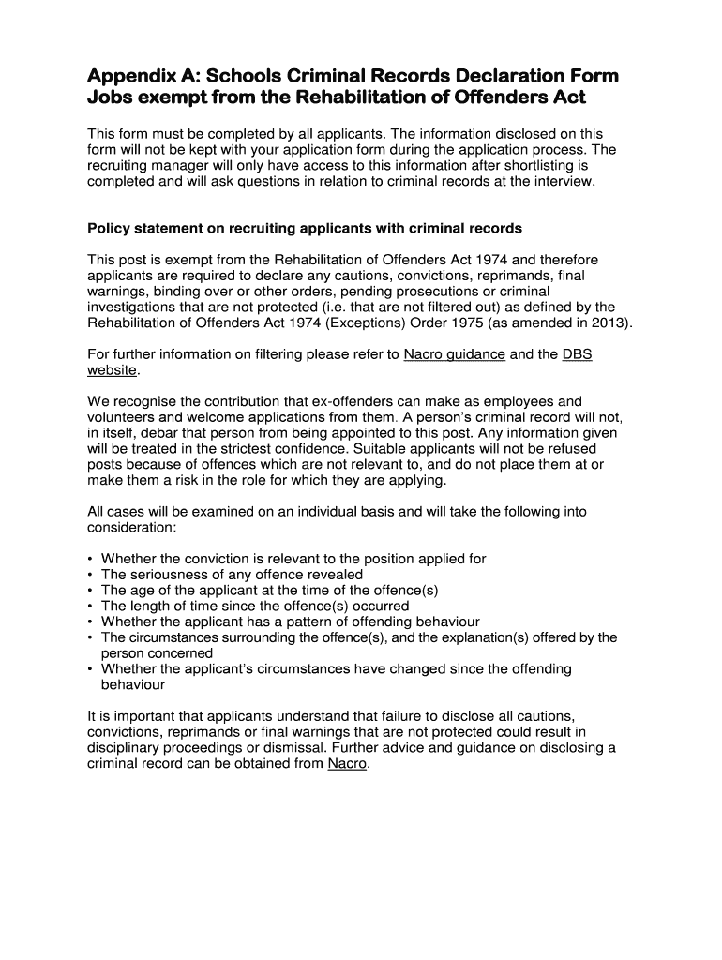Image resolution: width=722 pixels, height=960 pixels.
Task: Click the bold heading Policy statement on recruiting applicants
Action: point(305,228)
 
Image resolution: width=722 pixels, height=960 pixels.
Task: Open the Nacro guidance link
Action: point(454,353)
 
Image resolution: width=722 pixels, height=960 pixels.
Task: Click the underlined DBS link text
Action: point(577,353)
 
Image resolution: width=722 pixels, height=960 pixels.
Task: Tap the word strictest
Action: point(259,449)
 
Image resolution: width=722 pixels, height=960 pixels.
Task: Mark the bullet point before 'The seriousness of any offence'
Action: point(90,575)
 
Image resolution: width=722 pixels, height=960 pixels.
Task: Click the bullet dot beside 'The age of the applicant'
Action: point(90,591)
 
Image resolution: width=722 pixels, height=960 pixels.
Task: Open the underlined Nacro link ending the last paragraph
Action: point(347,763)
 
